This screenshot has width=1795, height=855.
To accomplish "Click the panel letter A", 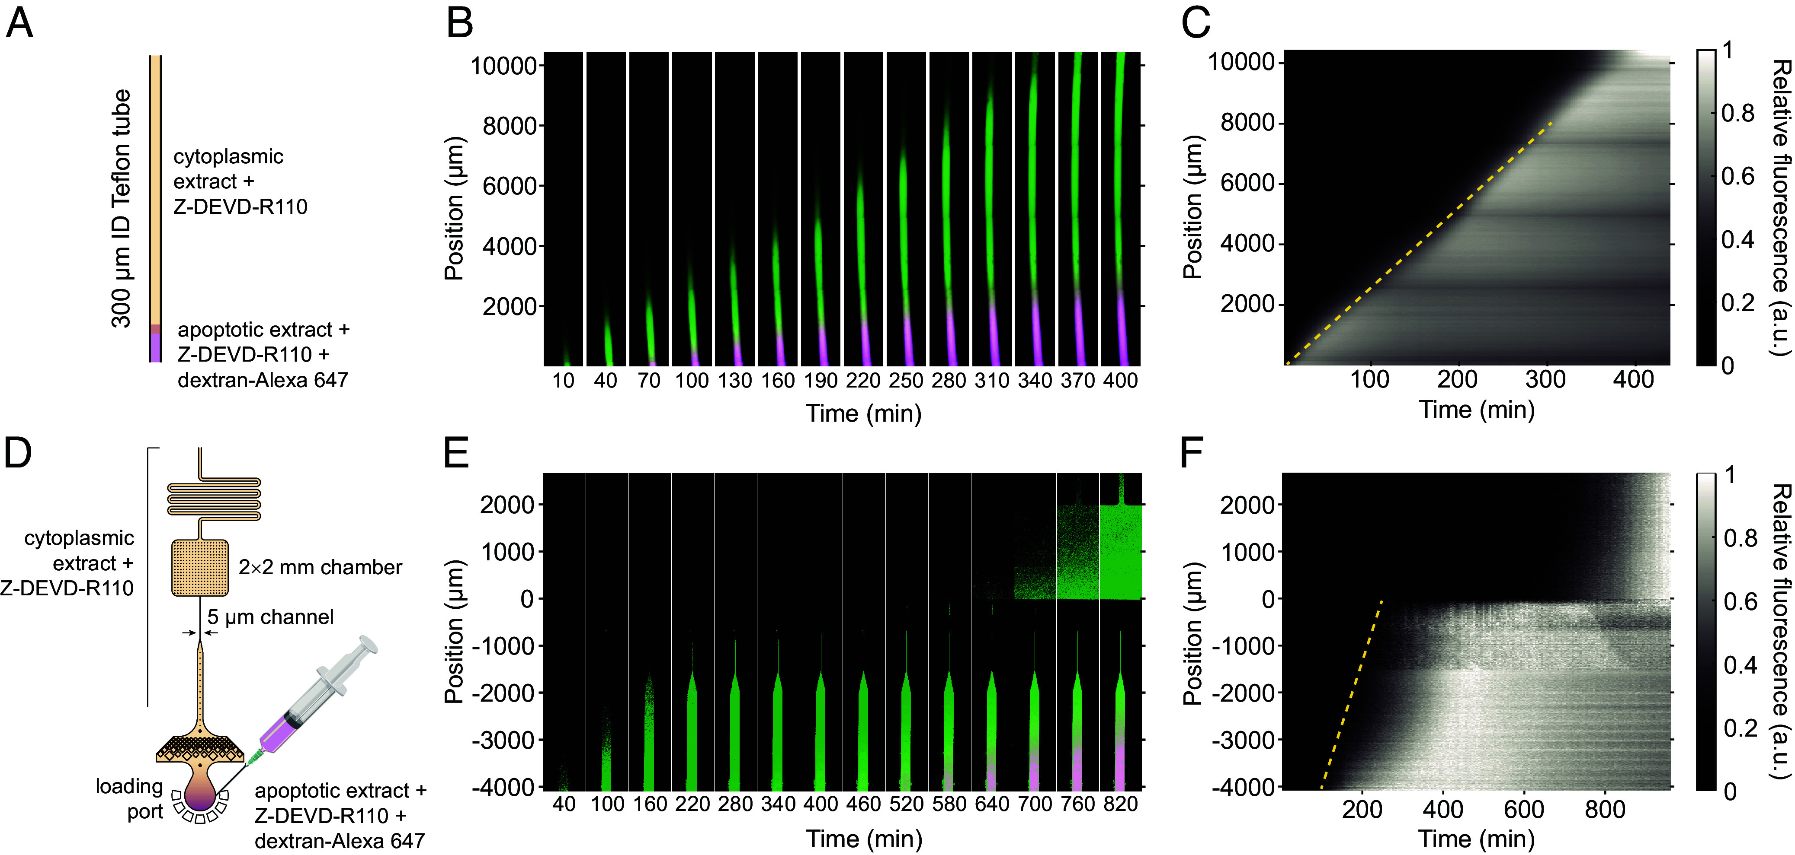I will tap(19, 24).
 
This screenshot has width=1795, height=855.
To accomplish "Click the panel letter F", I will tap(1192, 454).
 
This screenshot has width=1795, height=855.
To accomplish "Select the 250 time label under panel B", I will tap(906, 381).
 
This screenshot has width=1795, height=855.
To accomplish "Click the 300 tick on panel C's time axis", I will tap(1545, 379).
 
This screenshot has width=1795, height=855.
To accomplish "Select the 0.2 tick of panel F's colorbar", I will tap(1740, 728).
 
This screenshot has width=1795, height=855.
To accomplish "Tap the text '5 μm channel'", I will tap(270, 617).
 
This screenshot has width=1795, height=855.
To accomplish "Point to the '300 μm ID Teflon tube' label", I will tap(121, 208).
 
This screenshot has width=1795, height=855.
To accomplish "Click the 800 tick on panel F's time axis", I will tap(1605, 810).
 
